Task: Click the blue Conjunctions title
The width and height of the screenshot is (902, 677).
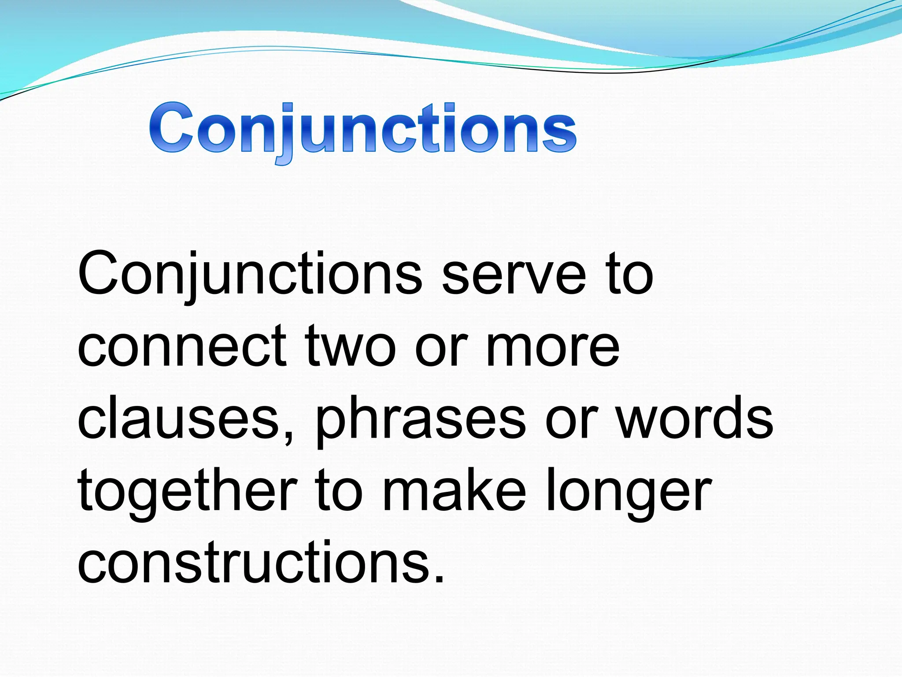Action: (362, 129)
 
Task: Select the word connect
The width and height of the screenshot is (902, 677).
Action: (182, 347)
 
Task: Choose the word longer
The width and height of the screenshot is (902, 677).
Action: (628, 493)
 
